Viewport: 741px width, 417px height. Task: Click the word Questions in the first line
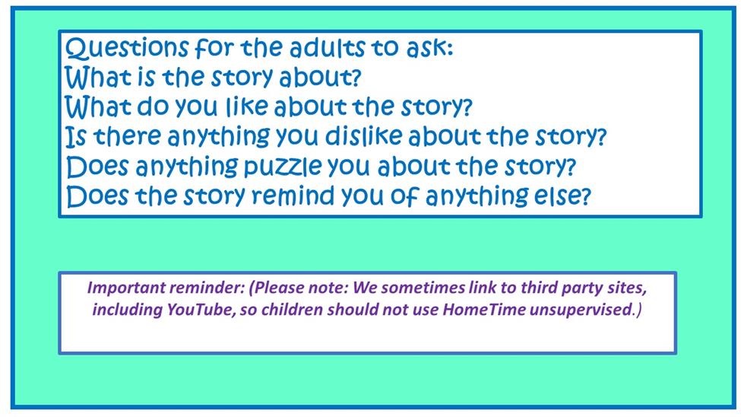tap(127, 49)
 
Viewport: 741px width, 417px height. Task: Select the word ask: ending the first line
tap(429, 48)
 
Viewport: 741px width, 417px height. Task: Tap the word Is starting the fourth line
tap(76, 136)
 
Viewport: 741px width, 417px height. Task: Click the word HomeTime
tap(484, 310)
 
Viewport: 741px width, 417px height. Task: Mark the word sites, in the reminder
tap(623, 288)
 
